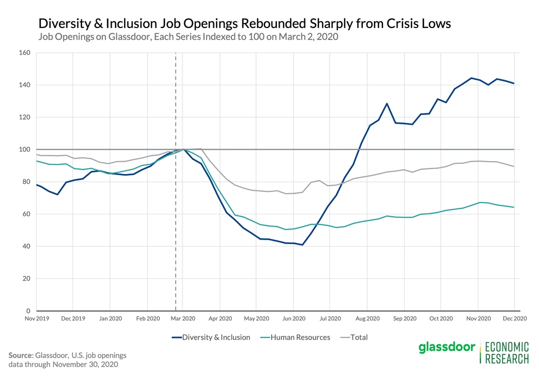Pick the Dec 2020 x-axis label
[514, 318]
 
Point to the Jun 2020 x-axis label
[294, 318]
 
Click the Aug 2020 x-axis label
[367, 318]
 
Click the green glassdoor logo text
[446, 348]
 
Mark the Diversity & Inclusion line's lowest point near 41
[303, 245]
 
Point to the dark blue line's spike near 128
[387, 104]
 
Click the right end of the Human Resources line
[514, 207]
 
